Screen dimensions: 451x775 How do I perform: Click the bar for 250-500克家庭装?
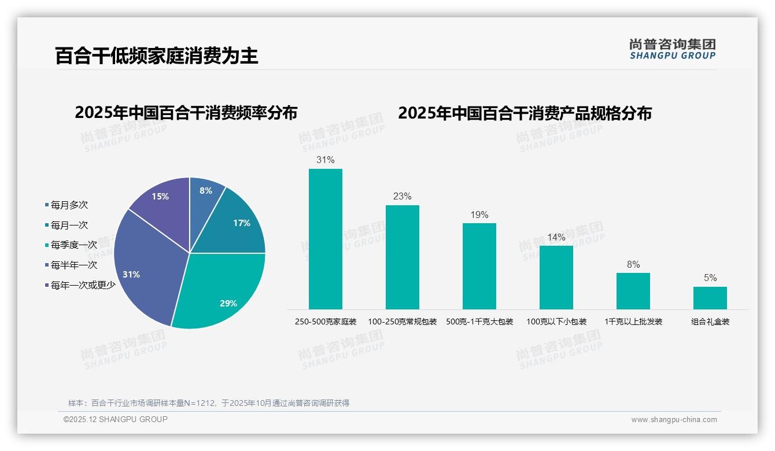pos(326,239)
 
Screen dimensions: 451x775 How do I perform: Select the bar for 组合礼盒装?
pos(710,298)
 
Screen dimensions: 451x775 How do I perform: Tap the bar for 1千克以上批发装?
pos(633,291)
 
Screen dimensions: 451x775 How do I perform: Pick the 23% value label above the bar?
pos(402,197)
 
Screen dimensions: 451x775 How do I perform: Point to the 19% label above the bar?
pos(479,215)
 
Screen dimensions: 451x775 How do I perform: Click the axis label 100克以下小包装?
pos(556,321)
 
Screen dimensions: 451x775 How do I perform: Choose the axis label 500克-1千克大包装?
pos(479,321)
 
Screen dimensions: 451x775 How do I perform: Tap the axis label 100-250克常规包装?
pos(402,321)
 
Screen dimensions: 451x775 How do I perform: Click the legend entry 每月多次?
pos(69,205)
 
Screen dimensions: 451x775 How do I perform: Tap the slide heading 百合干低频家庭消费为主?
pos(157,56)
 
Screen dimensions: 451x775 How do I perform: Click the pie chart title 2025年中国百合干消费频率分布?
pos(186,113)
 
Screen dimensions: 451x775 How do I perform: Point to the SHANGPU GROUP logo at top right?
pos(672,49)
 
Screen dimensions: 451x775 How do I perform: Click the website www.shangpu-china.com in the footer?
pos(674,420)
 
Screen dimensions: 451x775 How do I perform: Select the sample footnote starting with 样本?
pos(209,403)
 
